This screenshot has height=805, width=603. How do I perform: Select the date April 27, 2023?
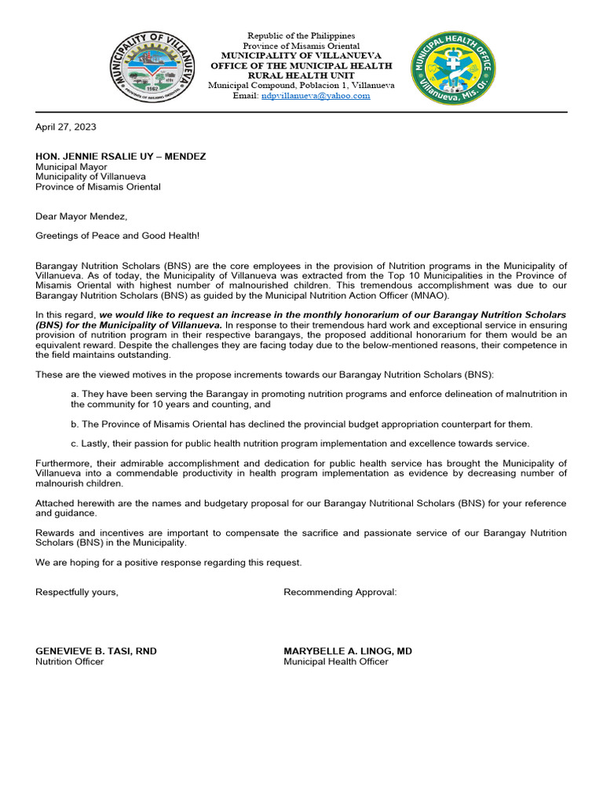click(x=66, y=127)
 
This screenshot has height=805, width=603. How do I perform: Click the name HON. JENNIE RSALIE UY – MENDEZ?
click(x=120, y=156)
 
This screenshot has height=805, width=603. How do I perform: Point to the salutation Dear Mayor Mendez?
click(x=81, y=216)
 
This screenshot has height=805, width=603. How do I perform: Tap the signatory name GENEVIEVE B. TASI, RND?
click(x=101, y=651)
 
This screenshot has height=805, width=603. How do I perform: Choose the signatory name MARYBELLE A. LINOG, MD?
click(x=347, y=651)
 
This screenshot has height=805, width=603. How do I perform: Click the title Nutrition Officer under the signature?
click(x=69, y=662)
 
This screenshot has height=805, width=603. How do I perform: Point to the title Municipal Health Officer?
click(x=335, y=662)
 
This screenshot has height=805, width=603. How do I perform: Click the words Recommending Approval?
click(x=340, y=592)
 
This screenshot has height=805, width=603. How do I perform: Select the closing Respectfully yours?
click(x=77, y=592)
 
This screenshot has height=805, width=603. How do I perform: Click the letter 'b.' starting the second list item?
click(x=75, y=425)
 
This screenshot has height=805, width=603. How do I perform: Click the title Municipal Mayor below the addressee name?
click(x=71, y=167)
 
